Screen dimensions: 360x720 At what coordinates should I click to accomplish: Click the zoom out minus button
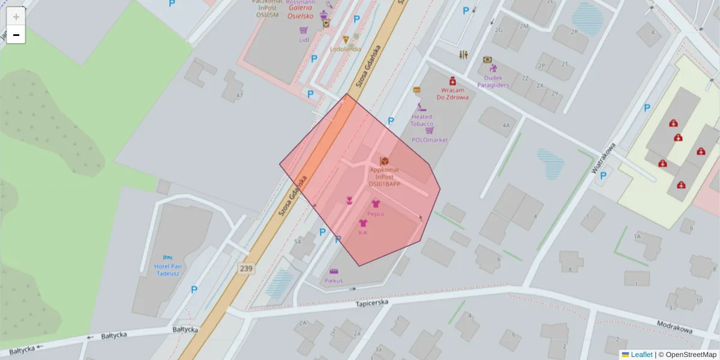16,35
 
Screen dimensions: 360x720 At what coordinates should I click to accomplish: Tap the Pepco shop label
376,214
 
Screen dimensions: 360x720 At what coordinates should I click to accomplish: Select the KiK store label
363,232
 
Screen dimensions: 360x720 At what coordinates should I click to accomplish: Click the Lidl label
304,40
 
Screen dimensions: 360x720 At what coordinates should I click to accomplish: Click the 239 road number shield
246,268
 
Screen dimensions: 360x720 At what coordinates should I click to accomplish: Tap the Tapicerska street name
372,302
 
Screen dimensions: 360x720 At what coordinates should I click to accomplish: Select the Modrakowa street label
674,326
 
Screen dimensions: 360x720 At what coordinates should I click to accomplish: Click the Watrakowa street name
604,158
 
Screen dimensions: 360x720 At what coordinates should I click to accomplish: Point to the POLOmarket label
430,140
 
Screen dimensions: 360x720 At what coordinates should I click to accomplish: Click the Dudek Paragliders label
493,81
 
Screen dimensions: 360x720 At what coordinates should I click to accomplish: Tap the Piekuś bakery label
334,280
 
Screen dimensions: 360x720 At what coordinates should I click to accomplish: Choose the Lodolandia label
346,49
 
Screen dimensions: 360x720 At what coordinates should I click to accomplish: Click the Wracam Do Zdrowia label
452,93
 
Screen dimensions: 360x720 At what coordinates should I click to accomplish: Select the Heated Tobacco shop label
422,120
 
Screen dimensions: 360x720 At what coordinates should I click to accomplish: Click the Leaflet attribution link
641,355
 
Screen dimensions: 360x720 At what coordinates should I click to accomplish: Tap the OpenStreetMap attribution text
688,355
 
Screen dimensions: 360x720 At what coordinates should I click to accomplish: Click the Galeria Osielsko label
300,12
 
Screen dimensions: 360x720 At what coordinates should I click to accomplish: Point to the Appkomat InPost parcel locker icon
385,161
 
